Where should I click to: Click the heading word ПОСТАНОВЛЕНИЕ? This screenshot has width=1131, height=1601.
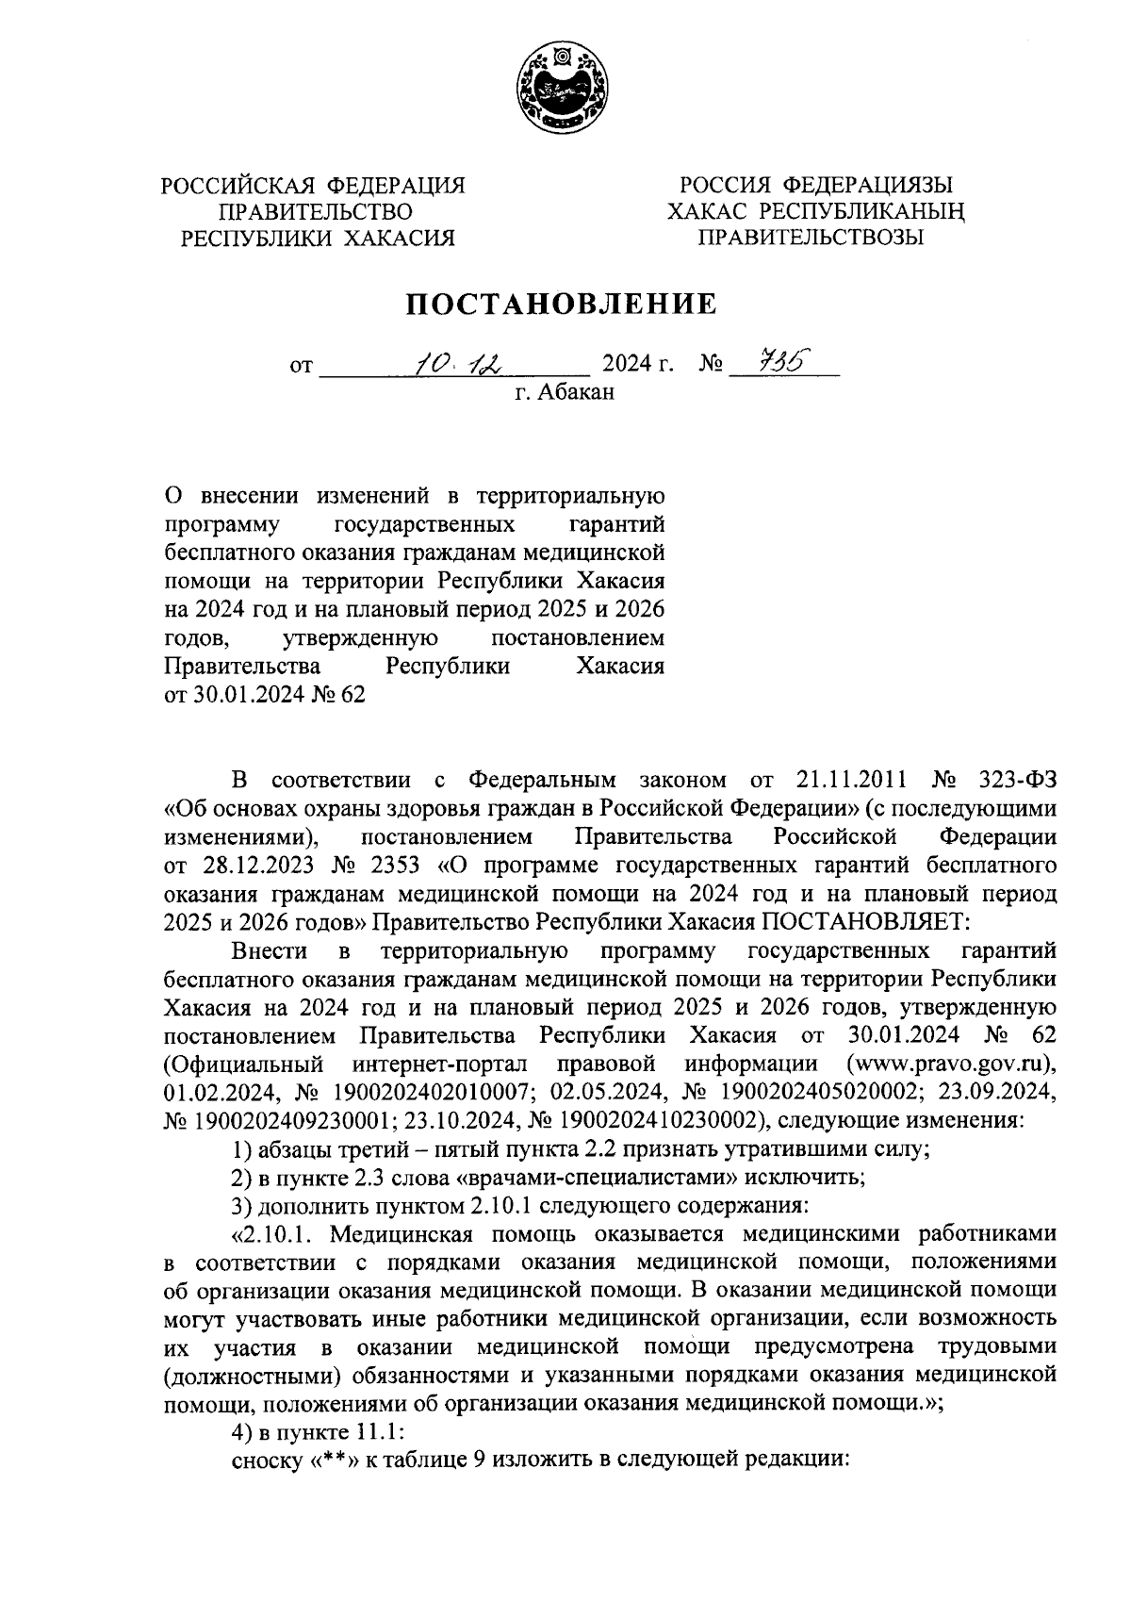coord(562,304)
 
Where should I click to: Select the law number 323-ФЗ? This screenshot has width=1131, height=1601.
coord(1014,781)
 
